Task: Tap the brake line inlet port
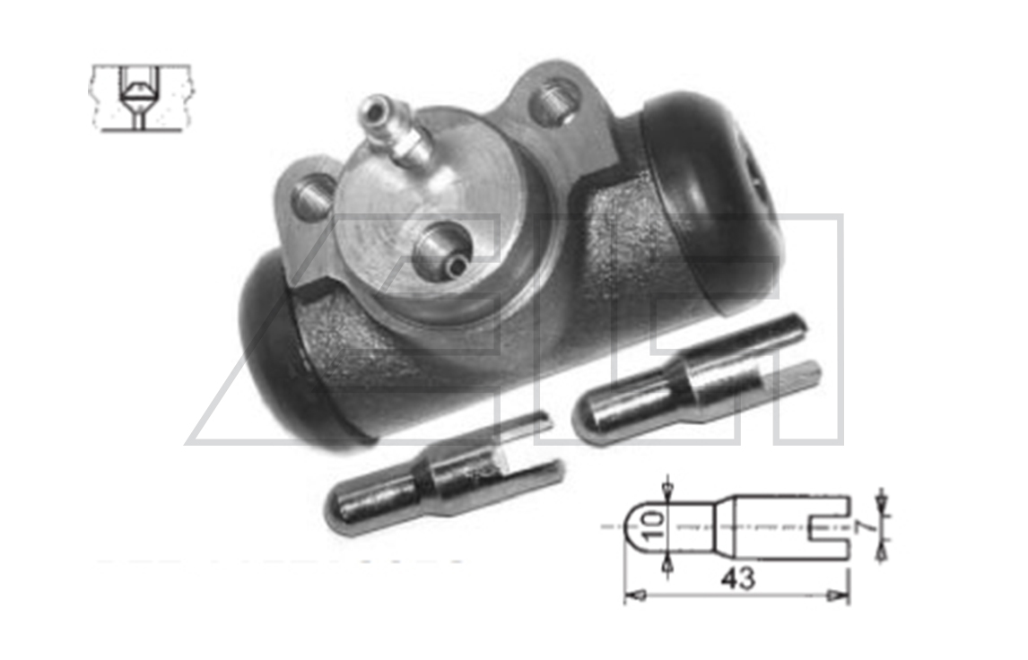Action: tap(445, 251)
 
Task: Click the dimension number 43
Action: tap(737, 578)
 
